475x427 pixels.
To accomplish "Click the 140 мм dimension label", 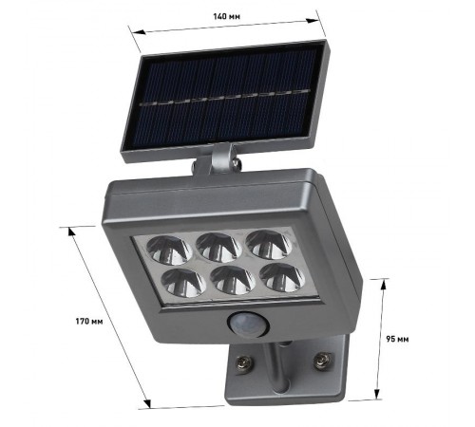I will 226,15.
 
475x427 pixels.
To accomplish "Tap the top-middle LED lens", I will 221,246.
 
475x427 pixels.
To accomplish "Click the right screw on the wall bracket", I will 323,361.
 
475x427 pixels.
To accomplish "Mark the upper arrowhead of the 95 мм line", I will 382,282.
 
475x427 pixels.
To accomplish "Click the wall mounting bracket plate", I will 285,384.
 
